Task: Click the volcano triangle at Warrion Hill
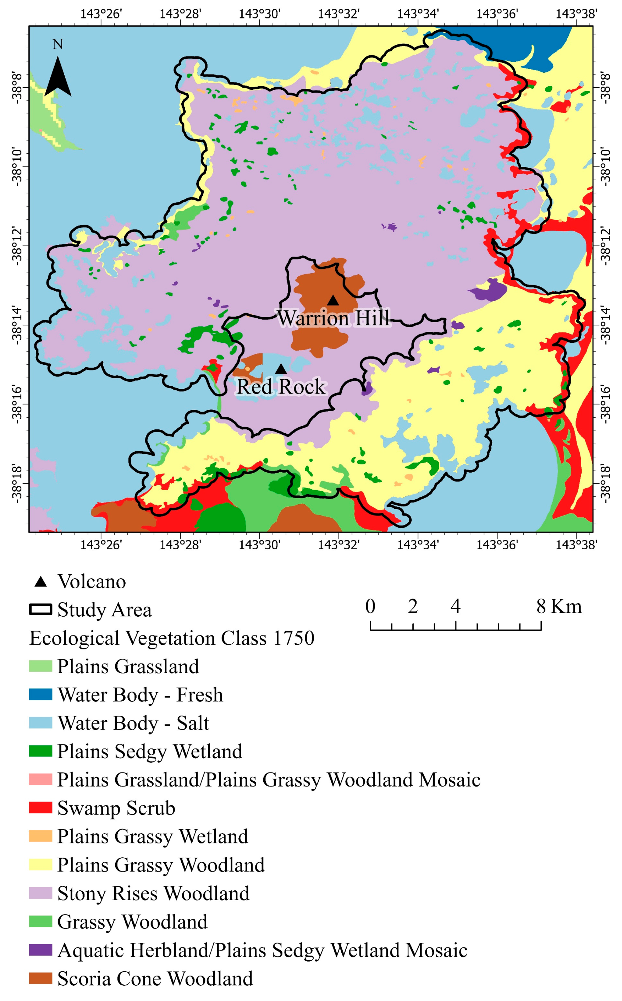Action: tap(333, 301)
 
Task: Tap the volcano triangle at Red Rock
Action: tap(281, 369)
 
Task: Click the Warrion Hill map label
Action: tap(334, 318)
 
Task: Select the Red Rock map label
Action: tap(281, 387)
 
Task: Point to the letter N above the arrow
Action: tap(57, 44)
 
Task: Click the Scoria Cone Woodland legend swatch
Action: tap(40, 978)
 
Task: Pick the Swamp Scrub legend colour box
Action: tap(40, 808)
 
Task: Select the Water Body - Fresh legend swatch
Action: tap(40, 694)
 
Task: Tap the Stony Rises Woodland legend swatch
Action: tap(40, 893)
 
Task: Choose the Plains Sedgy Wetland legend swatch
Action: tap(40, 751)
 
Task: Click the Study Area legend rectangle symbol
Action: tap(40, 610)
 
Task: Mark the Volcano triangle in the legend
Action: tap(40, 582)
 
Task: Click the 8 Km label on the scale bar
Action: tap(558, 606)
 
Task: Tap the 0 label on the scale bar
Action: tap(370, 606)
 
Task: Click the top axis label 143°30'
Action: tap(260, 14)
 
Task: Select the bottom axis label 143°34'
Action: tap(418, 545)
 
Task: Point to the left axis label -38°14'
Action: tap(16, 325)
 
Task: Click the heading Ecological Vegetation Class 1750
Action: tap(172, 638)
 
